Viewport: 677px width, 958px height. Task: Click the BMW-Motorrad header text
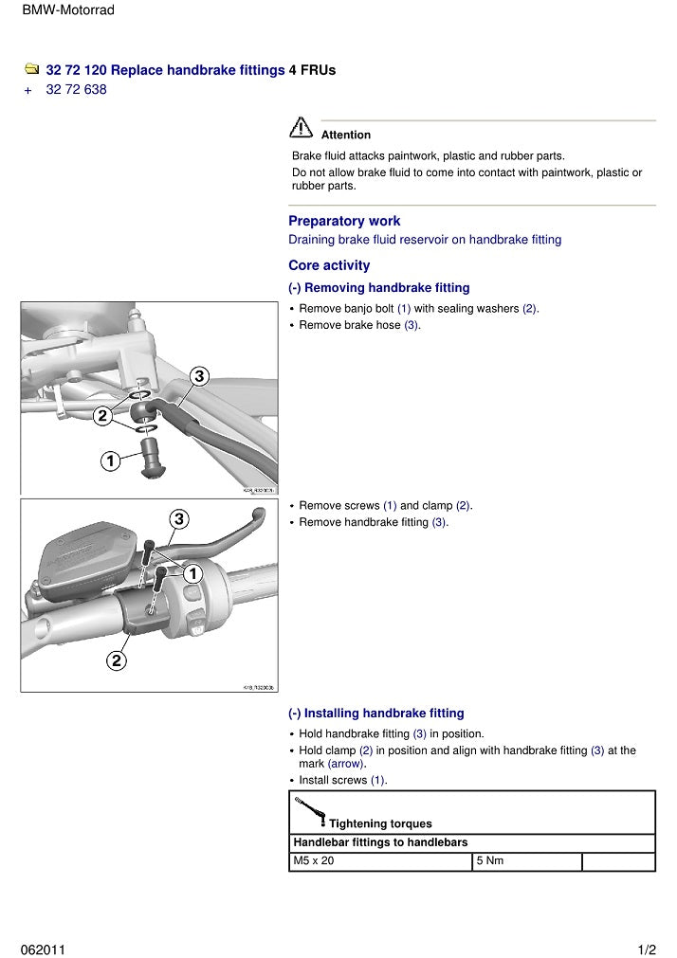67,10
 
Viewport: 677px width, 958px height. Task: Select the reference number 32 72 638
76,90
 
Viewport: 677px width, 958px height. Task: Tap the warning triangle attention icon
302,127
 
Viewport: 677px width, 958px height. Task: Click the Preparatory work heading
344,221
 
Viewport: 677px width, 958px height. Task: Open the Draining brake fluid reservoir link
425,240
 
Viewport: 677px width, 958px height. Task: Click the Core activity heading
329,265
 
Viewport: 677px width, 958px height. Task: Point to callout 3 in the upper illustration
199,376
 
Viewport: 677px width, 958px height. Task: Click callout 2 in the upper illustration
102,415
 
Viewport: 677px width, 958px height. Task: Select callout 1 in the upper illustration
110,461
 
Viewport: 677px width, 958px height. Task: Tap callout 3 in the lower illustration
179,518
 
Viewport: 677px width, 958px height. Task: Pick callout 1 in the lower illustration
192,573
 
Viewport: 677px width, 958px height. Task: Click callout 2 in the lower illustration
116,660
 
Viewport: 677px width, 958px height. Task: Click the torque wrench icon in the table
310,811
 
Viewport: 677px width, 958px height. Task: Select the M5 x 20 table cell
379,861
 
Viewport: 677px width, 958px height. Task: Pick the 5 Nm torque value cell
526,861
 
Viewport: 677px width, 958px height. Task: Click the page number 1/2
647,949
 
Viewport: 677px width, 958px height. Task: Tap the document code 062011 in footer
43,949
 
